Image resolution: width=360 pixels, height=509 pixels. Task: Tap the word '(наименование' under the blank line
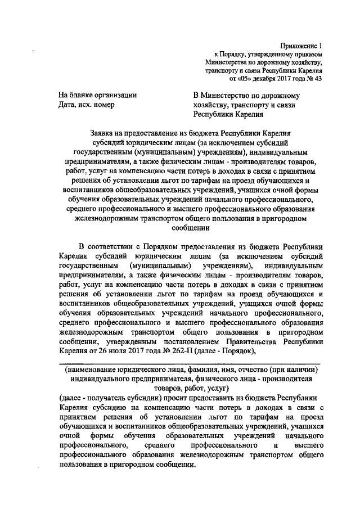coord(90,370)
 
